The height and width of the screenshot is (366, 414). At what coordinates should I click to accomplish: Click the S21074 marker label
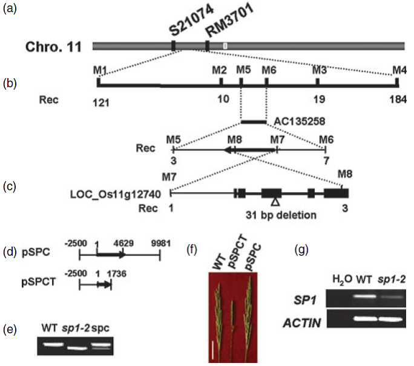click(191, 21)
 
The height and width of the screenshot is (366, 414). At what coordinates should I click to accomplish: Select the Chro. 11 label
click(54, 47)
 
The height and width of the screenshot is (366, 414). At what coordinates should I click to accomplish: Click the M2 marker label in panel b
click(220, 70)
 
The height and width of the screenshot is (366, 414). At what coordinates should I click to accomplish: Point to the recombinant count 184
click(398, 99)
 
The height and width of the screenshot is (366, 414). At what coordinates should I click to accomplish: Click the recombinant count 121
click(101, 102)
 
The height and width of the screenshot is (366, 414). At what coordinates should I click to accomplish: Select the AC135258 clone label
click(300, 121)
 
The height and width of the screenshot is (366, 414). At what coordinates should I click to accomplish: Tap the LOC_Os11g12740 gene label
click(116, 195)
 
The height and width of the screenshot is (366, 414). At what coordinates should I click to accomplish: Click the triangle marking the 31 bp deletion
click(275, 202)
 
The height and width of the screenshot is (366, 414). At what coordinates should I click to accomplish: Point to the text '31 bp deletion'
click(281, 215)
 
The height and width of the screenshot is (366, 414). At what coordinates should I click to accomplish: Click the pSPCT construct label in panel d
click(39, 282)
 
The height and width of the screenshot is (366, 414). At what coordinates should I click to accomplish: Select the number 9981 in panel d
click(161, 243)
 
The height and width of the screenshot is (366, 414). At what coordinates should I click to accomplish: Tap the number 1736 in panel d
click(116, 273)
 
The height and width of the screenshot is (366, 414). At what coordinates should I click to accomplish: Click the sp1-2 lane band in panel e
click(77, 348)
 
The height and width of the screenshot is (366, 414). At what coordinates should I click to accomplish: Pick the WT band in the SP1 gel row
click(364, 296)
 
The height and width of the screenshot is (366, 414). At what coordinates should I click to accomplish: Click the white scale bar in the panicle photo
click(213, 350)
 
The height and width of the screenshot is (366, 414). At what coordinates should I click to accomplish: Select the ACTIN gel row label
click(302, 323)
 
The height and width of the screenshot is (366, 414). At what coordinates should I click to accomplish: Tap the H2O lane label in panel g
click(343, 280)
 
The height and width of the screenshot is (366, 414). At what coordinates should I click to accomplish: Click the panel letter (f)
click(192, 250)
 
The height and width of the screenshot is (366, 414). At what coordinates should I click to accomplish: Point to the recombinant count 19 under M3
click(319, 99)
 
